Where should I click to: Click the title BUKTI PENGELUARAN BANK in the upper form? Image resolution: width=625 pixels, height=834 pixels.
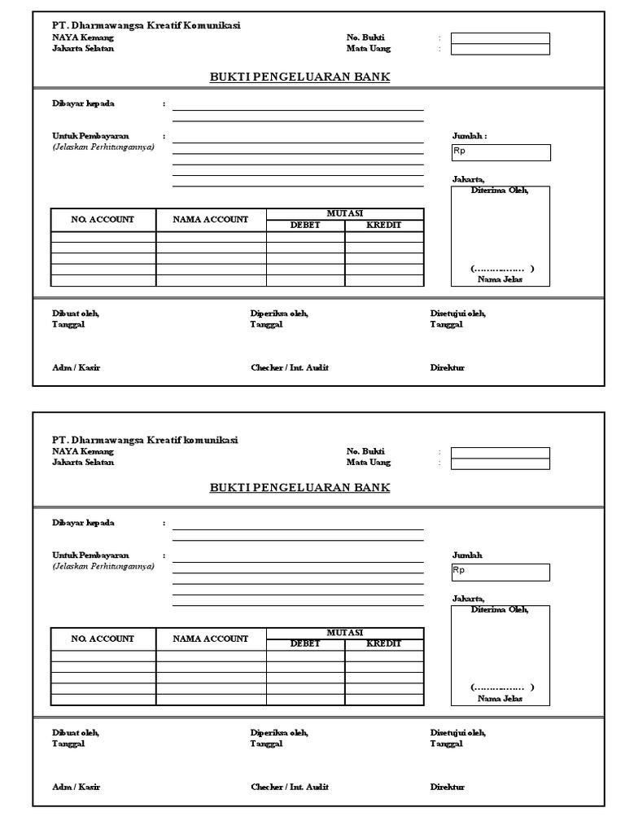[x=299, y=77]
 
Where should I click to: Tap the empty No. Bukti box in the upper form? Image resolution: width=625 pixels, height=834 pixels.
[x=500, y=37]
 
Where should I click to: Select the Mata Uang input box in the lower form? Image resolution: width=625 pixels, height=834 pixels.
[x=500, y=463]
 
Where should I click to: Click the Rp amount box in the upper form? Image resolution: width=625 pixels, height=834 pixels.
[x=500, y=152]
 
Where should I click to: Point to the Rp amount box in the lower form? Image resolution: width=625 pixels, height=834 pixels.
[x=500, y=572]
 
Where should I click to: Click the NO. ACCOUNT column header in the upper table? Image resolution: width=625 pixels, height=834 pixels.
[x=103, y=220]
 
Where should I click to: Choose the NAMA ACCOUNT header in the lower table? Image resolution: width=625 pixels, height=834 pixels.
[x=211, y=639]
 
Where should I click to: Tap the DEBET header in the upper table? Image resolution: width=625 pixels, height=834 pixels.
[x=305, y=225]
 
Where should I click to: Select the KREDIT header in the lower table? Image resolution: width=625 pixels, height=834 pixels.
[x=384, y=643]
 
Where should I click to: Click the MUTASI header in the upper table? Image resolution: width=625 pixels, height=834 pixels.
[x=344, y=213]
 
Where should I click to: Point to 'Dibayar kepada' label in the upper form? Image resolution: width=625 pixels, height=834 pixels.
[x=83, y=104]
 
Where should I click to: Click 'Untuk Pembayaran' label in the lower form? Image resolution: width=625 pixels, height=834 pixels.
[x=90, y=555]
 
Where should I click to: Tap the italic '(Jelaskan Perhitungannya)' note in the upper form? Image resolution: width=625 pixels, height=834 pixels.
[x=103, y=147]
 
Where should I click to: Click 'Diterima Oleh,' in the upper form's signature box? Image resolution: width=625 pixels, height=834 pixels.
[x=500, y=191]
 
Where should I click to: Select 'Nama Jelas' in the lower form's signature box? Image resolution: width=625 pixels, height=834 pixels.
[x=500, y=698]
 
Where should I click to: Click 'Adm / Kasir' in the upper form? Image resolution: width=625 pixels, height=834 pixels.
[x=76, y=367]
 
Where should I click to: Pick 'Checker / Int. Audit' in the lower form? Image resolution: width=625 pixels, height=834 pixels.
[x=289, y=787]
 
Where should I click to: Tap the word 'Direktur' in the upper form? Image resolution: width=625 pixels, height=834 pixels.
[x=447, y=367]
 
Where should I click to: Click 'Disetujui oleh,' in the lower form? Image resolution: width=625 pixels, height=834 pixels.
[x=457, y=732]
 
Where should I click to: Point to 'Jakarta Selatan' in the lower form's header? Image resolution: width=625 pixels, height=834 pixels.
[x=83, y=462]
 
